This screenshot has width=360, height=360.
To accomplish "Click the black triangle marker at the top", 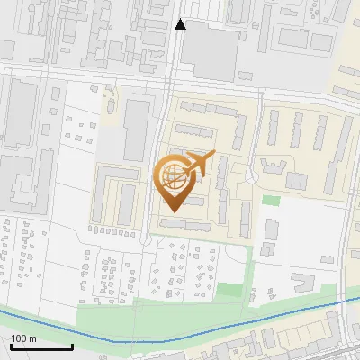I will point(181,24).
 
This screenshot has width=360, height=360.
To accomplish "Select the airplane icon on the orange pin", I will point(200,164).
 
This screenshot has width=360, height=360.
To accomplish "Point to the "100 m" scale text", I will point(23,338).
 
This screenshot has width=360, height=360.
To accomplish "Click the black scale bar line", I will point(40,346).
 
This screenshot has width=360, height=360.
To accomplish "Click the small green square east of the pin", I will point(271,201).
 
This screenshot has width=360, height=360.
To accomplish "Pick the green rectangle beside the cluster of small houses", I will point(230,290).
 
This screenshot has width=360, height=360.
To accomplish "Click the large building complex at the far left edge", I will point(20,180).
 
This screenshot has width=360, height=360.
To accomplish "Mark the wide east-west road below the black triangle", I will point(180,78).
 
